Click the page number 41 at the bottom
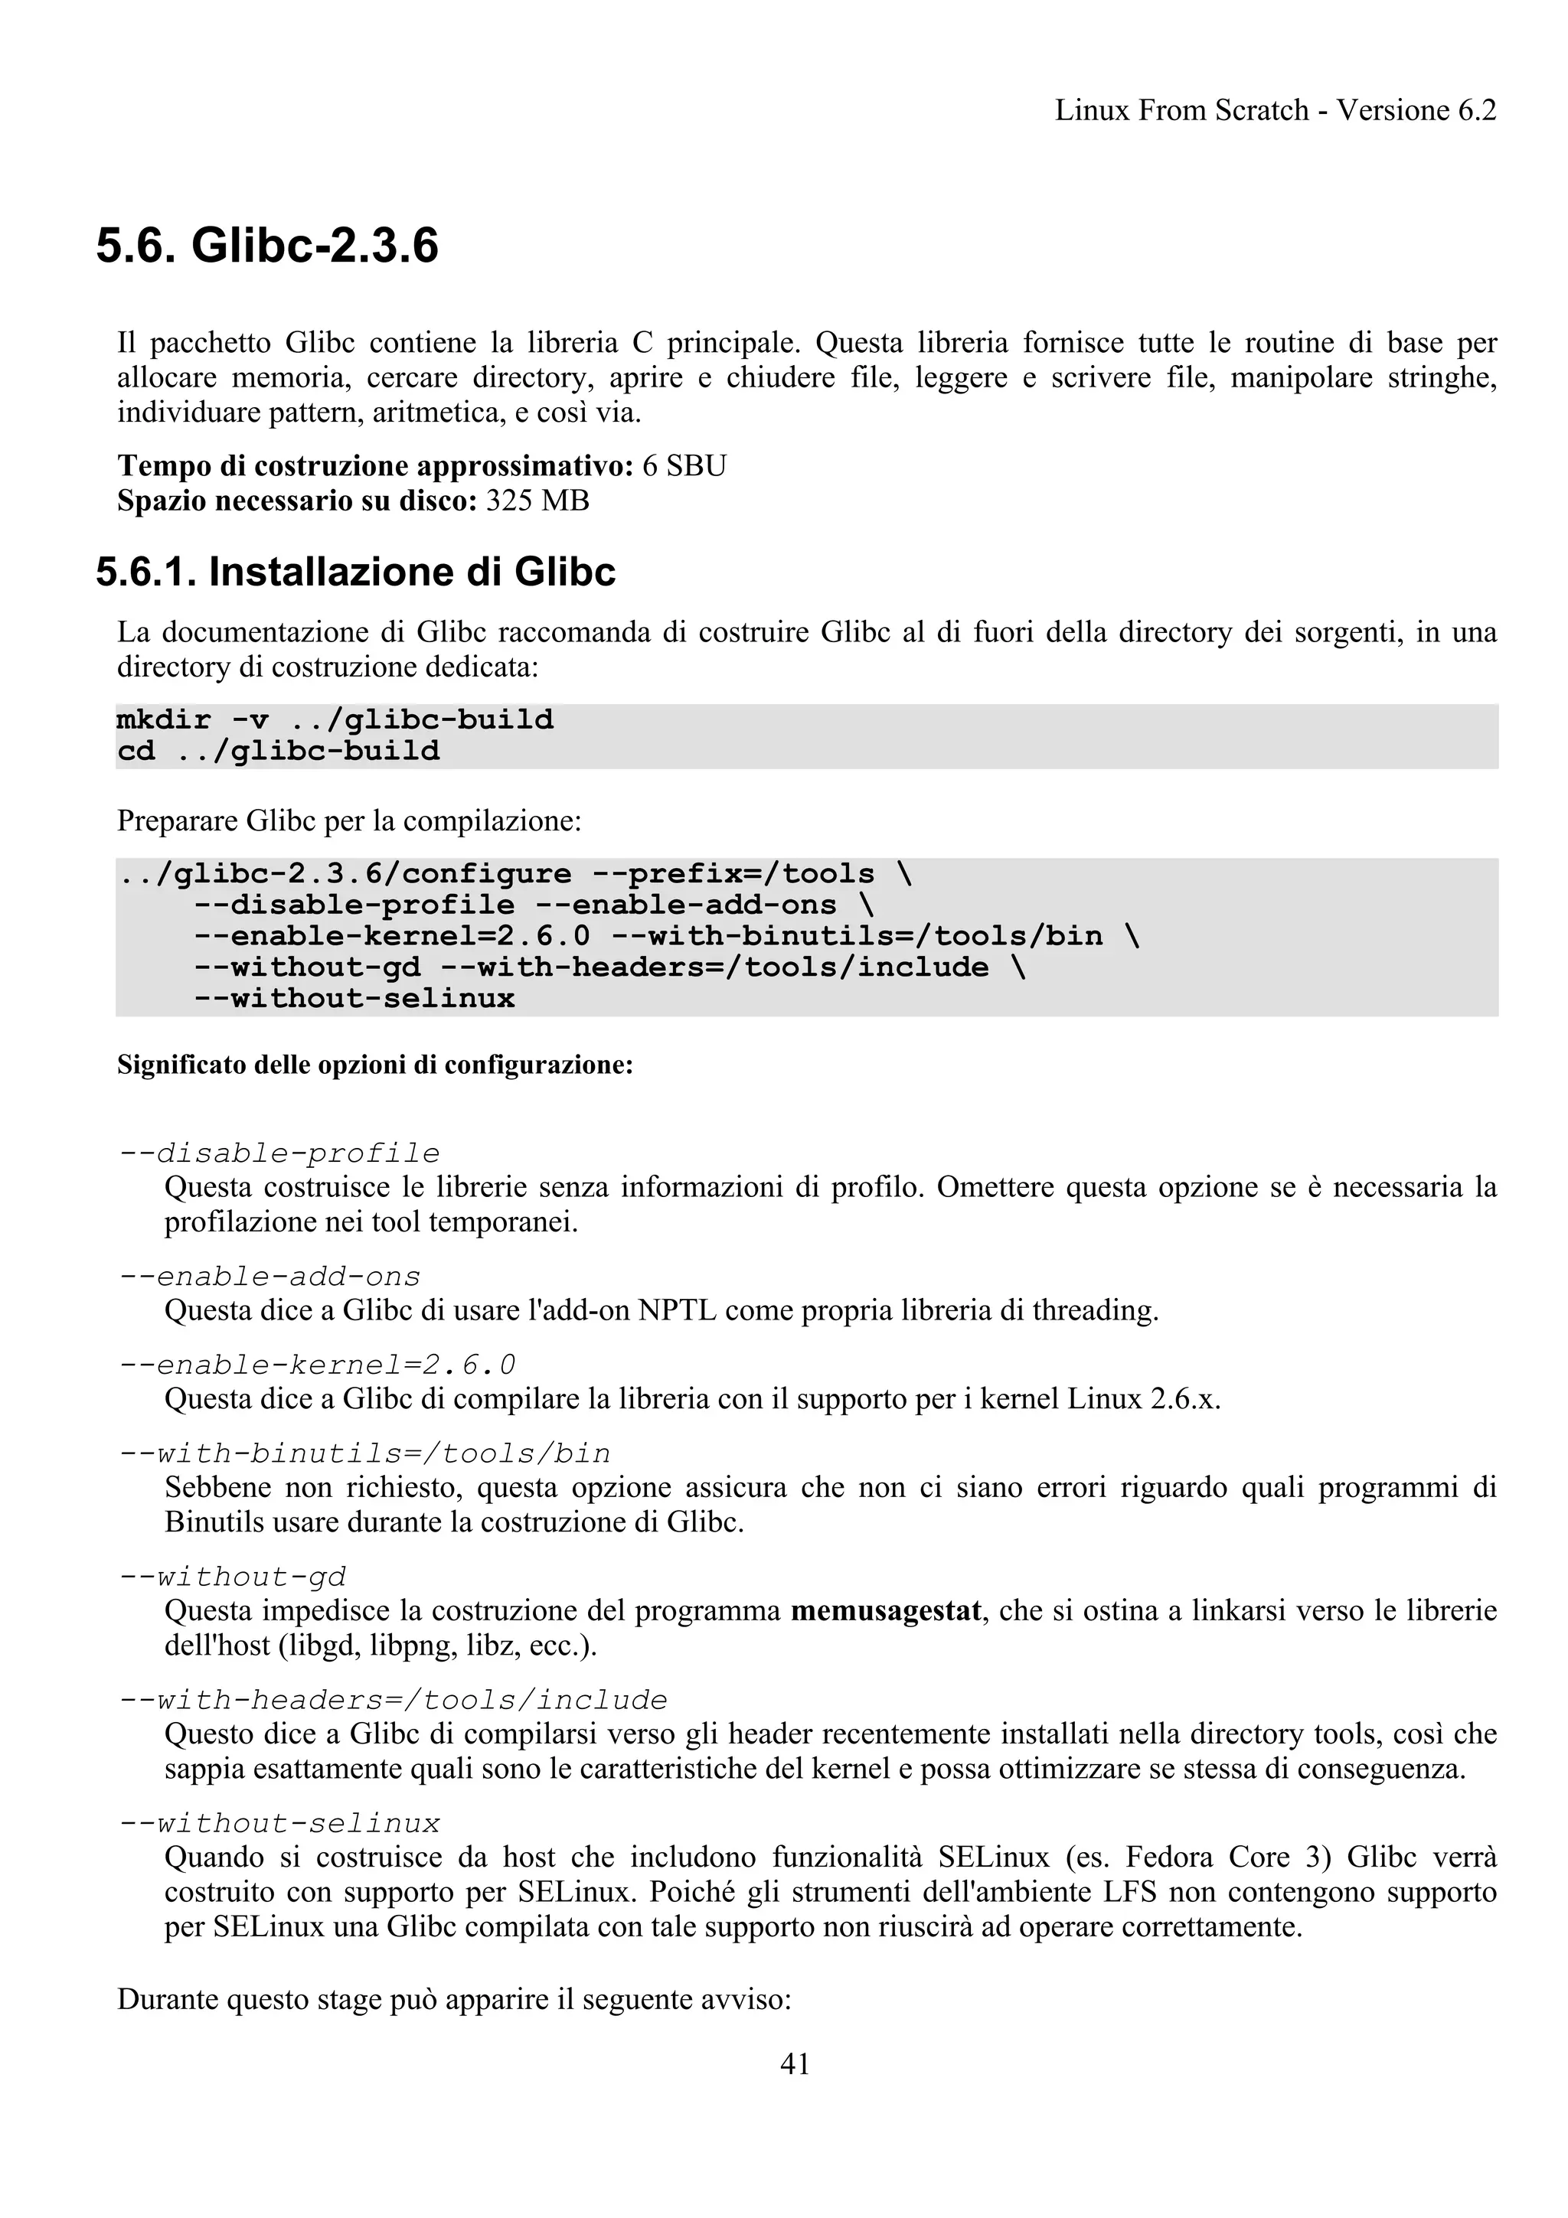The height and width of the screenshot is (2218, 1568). click(794, 2063)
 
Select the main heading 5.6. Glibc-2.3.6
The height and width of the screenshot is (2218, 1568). click(266, 246)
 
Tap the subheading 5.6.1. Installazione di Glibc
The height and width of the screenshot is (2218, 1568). click(355, 572)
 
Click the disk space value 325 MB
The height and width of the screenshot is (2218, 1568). click(537, 501)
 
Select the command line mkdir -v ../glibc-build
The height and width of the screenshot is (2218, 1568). click(335, 719)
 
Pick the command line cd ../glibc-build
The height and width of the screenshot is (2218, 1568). click(278, 751)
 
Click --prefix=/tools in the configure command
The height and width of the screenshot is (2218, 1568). click(732, 874)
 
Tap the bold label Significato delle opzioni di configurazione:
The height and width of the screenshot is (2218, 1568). click(375, 1065)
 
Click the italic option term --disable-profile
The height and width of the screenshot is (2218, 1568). click(279, 1153)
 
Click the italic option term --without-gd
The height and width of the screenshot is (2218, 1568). click(232, 1577)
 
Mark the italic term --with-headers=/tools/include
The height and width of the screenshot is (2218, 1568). click(394, 1699)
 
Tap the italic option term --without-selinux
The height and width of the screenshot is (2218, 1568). click(279, 1823)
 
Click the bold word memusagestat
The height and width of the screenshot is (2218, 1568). click(886, 1610)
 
